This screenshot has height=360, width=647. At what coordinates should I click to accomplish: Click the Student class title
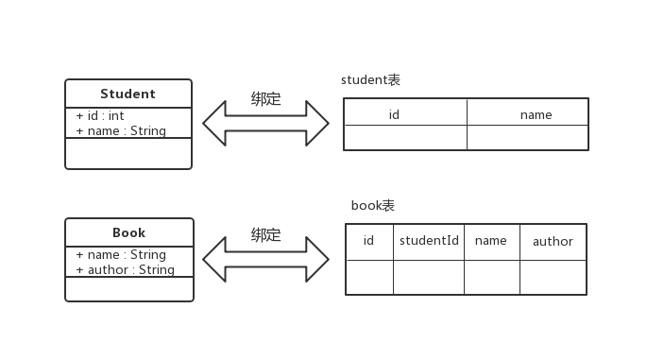128,94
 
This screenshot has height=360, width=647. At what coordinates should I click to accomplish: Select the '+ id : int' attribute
100,116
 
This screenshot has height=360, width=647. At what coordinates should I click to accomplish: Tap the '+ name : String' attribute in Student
121,130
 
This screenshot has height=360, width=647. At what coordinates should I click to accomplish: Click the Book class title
128,232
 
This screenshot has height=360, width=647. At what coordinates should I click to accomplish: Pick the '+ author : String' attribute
125,269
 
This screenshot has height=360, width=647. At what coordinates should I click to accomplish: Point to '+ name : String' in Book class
121,255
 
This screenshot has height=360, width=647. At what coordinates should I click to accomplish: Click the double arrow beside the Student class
265,122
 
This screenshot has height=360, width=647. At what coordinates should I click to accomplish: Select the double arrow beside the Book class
265,259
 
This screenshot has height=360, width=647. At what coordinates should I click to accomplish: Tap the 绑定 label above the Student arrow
265,98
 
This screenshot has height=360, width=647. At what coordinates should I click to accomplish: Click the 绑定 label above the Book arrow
265,235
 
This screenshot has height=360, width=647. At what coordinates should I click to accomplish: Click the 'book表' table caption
372,205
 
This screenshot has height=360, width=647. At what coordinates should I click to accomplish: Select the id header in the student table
395,114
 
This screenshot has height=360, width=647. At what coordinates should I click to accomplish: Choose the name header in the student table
536,114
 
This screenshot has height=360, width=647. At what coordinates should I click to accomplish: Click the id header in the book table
368,241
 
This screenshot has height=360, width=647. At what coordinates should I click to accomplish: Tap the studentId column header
429,241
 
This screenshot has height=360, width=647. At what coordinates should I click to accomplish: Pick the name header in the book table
491,241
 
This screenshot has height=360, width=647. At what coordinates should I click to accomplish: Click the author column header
553,241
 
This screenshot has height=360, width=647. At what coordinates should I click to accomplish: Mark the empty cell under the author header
553,277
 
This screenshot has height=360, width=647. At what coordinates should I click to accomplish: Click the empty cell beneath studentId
429,277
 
